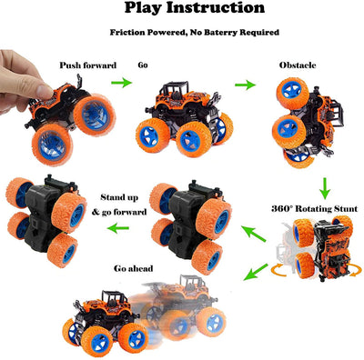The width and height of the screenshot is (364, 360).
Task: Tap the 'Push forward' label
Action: click(87, 65)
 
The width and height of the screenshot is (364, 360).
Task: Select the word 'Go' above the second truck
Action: click(143, 65)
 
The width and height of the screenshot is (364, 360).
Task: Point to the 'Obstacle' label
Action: click(298, 65)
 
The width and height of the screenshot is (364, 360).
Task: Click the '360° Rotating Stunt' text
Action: click(312, 206)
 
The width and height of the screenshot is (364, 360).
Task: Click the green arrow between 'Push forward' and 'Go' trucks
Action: click(120, 84)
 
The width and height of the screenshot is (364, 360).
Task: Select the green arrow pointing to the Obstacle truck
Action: click(244, 85)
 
